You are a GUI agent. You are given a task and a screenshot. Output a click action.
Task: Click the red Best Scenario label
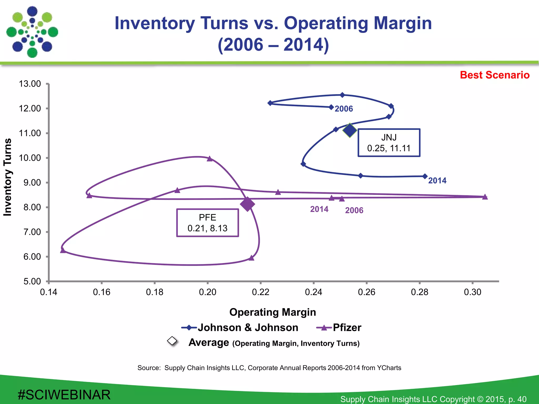tap(495, 75)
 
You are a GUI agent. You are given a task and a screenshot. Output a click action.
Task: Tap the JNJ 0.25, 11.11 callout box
tap(389, 143)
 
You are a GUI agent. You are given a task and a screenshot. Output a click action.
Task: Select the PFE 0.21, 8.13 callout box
tap(207, 223)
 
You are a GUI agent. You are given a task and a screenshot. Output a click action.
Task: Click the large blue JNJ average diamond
tap(350, 130)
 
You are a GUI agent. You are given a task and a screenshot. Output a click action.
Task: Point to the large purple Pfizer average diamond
tap(247, 204)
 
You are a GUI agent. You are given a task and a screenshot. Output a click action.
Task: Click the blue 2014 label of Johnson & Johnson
tap(437, 181)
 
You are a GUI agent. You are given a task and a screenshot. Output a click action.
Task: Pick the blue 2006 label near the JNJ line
tap(344, 109)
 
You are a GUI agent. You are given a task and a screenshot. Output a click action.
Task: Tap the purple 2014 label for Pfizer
tap(319, 209)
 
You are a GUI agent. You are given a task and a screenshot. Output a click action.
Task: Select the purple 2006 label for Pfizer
tap(354, 210)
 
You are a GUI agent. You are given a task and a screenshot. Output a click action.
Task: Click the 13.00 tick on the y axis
tap(30, 84)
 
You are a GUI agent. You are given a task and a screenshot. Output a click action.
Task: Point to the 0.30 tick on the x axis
tap(472, 292)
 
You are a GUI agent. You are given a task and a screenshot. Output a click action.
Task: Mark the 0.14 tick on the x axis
tap(49, 292)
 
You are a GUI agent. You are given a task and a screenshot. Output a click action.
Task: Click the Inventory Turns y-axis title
tap(8, 177)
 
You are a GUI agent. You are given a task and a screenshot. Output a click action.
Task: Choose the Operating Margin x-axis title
tap(272, 312)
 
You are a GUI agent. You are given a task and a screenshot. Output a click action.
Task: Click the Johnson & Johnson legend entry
tap(240, 327)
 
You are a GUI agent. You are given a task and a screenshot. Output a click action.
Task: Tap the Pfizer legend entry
tap(339, 327)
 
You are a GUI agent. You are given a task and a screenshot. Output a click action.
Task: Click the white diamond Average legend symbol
tap(172, 341)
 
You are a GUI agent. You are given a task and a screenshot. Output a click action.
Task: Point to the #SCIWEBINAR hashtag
tap(64, 395)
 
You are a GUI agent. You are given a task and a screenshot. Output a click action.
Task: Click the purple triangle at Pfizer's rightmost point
tap(485, 197)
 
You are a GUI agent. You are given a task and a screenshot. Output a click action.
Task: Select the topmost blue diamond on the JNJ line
tap(342, 95)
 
